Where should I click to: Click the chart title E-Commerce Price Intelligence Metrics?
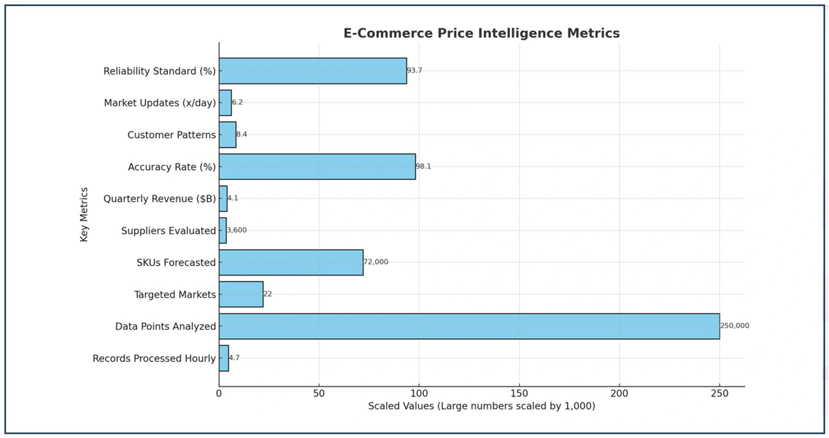pyautogui.click(x=481, y=33)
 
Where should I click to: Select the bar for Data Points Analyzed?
pyautogui.click(x=469, y=326)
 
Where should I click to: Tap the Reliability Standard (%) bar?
pyautogui.click(x=313, y=71)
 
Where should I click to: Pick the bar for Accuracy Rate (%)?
pyautogui.click(x=317, y=166)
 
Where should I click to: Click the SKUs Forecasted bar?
pyautogui.click(x=291, y=262)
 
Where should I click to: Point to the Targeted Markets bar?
pyautogui.click(x=241, y=294)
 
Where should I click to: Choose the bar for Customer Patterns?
pyautogui.click(x=227, y=135)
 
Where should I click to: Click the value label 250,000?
pyautogui.click(x=735, y=326)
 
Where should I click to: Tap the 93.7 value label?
pyautogui.click(x=414, y=71)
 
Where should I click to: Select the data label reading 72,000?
pyautogui.click(x=376, y=262)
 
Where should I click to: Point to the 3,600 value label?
pyautogui.click(x=237, y=230)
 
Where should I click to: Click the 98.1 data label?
pyautogui.click(x=423, y=166)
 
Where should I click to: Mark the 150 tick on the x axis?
pyautogui.click(x=519, y=393)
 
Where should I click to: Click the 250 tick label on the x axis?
pyautogui.click(x=719, y=393)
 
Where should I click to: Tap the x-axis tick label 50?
pyautogui.click(x=319, y=393)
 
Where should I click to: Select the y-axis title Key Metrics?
pyautogui.click(x=84, y=214)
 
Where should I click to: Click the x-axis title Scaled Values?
pyautogui.click(x=482, y=407)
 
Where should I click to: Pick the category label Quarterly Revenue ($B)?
pyautogui.click(x=159, y=199)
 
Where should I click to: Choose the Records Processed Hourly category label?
pyautogui.click(x=154, y=358)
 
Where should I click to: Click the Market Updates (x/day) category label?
pyautogui.click(x=160, y=103)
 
